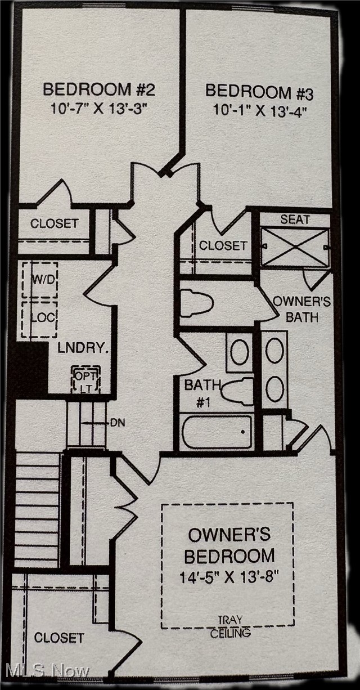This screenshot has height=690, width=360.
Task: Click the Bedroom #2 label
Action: tap(99, 89)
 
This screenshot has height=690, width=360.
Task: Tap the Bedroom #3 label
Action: tap(259, 92)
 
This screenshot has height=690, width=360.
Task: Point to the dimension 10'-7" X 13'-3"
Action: tap(99, 109)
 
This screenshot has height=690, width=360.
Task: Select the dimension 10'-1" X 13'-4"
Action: tap(260, 110)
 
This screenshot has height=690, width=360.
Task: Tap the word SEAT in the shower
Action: tap(295, 219)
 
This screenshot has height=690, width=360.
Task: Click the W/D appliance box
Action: tap(40, 280)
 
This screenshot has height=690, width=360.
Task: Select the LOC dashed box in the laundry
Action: tap(39, 320)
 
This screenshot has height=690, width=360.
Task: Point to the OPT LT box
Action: tap(86, 379)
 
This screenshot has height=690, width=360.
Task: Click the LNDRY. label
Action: tap(83, 348)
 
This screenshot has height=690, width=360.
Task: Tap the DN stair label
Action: tap(118, 423)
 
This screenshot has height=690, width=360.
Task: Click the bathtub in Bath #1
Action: tap(217, 432)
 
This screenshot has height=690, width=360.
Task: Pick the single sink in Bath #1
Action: tap(240, 352)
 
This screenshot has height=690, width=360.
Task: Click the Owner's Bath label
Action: tap(302, 310)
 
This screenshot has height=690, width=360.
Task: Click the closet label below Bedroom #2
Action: tap(54, 223)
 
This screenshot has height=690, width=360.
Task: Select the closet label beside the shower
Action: tap(223, 245)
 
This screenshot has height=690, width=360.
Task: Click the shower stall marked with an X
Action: tap(295, 247)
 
